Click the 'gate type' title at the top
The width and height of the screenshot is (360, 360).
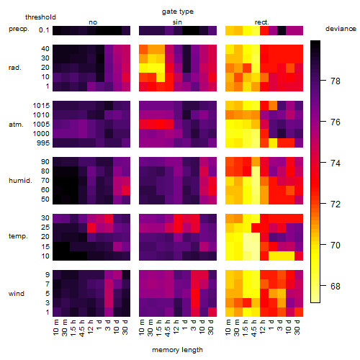(x=178, y=12)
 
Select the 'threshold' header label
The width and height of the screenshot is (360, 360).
(x=40, y=17)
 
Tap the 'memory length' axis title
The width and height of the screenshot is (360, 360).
(x=177, y=350)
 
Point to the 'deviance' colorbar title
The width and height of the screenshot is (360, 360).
(x=341, y=29)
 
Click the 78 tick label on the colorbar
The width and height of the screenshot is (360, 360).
(x=336, y=81)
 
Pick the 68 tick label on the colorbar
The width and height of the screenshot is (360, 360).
(x=336, y=286)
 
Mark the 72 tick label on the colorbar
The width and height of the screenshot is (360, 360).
(x=336, y=204)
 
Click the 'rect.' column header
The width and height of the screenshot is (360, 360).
(x=262, y=22)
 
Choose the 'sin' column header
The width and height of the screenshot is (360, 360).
(x=177, y=22)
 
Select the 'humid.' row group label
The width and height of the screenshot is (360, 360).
(x=20, y=181)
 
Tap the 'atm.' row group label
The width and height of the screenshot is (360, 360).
(x=16, y=125)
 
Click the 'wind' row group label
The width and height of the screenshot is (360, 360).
(x=17, y=294)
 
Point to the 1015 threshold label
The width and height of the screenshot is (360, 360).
(x=41, y=106)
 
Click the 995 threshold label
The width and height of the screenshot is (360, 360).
(x=43, y=143)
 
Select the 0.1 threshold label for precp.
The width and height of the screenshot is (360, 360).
(x=44, y=30)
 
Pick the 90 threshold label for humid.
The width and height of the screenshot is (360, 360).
(x=45, y=162)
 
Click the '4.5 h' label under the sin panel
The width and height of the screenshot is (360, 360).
(x=168, y=328)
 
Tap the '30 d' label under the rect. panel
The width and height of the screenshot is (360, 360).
(x=297, y=327)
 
